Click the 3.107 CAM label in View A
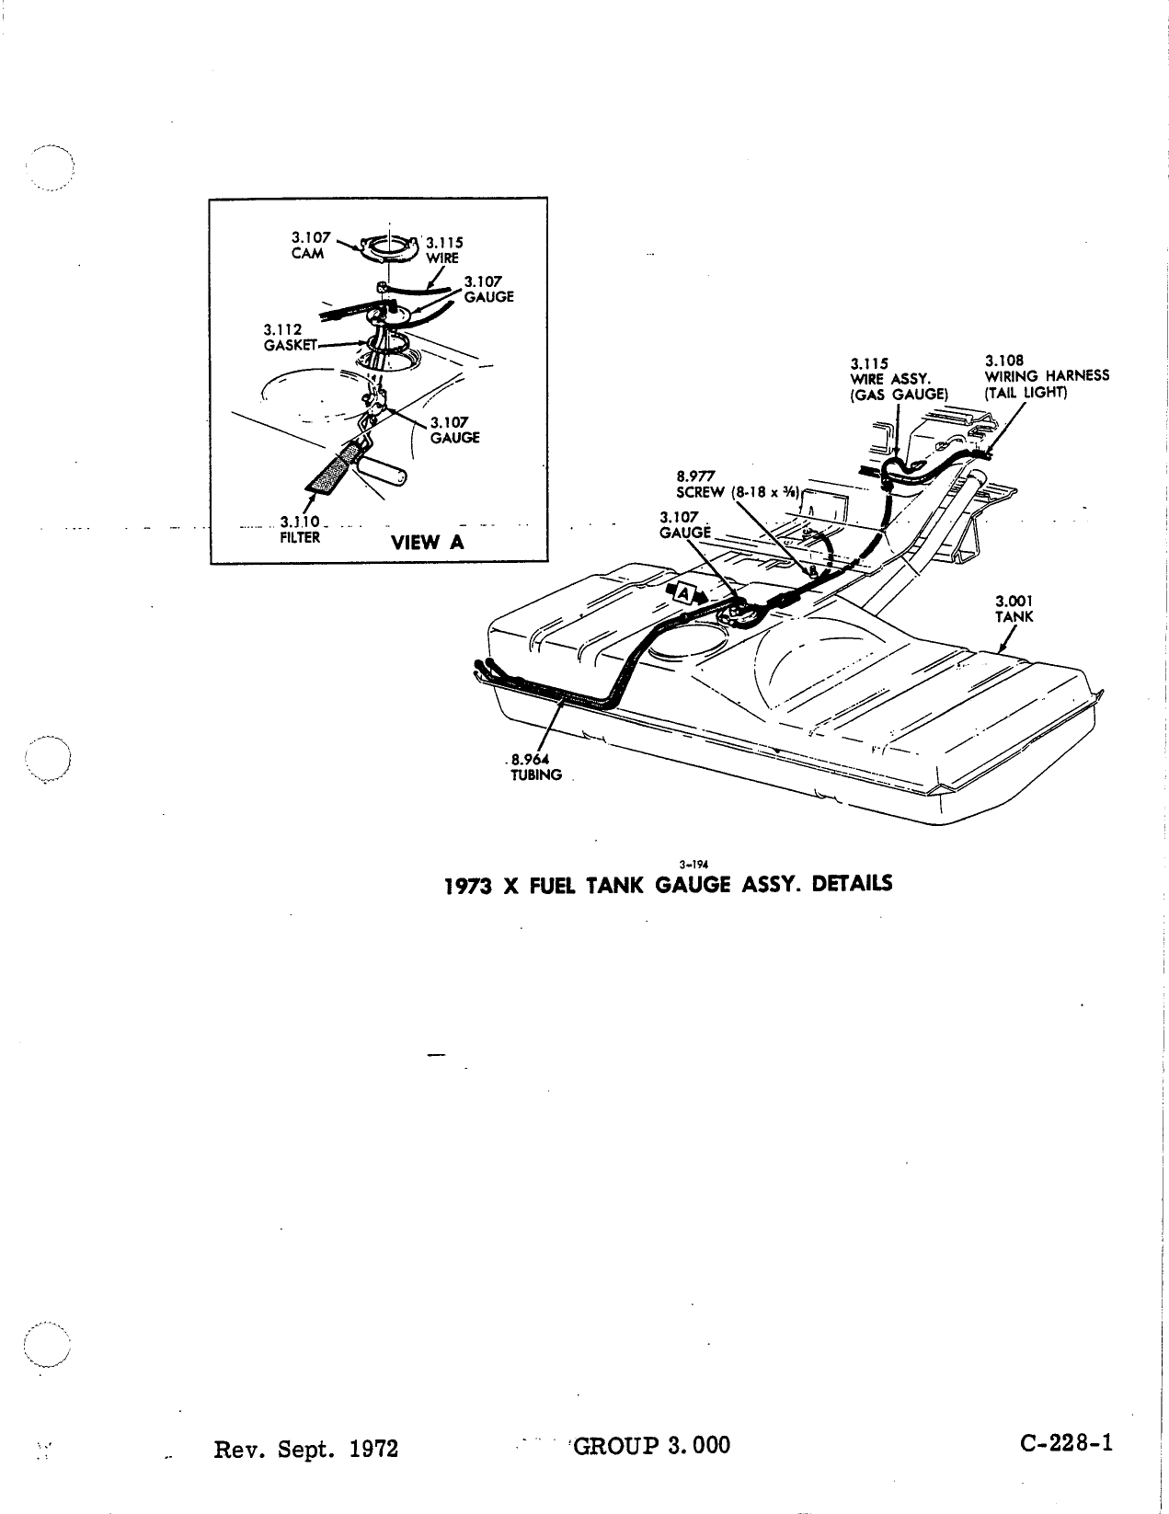(310, 246)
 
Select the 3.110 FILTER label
(300, 530)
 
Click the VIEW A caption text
(427, 542)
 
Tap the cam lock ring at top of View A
(388, 246)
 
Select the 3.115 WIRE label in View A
(443, 250)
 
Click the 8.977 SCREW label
(737, 485)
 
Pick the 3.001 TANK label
(1014, 609)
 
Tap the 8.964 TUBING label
(535, 767)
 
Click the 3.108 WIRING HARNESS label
(1047, 376)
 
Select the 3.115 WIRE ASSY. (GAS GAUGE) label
(899, 379)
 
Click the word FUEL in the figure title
(553, 885)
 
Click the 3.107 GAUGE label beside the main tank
(685, 524)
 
